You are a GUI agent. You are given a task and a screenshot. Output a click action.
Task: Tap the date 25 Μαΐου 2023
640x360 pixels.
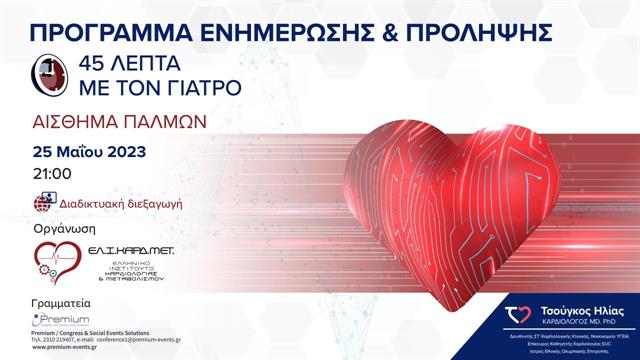tap(89, 152)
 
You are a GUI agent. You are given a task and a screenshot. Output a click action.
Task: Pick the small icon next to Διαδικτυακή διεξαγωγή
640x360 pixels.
tap(43, 202)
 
